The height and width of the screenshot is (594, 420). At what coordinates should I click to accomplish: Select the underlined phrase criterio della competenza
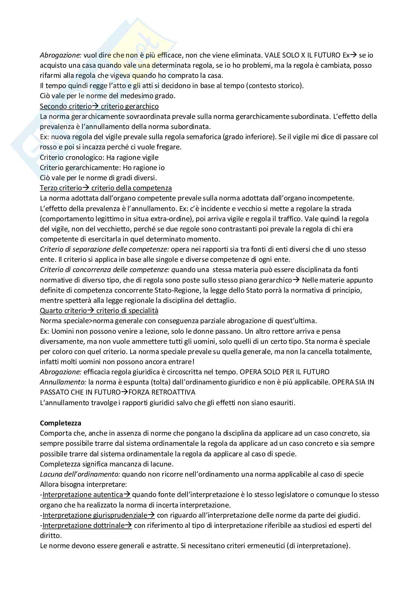point(131,188)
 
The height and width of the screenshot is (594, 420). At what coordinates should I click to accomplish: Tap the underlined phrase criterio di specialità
point(127,310)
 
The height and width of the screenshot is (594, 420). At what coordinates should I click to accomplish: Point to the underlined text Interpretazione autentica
point(83,494)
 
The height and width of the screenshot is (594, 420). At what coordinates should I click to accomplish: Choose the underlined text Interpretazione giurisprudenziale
point(95,515)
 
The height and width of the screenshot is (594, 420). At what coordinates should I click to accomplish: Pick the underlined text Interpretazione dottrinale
point(83,525)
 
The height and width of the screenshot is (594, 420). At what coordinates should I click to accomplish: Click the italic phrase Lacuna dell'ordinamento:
point(80,474)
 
